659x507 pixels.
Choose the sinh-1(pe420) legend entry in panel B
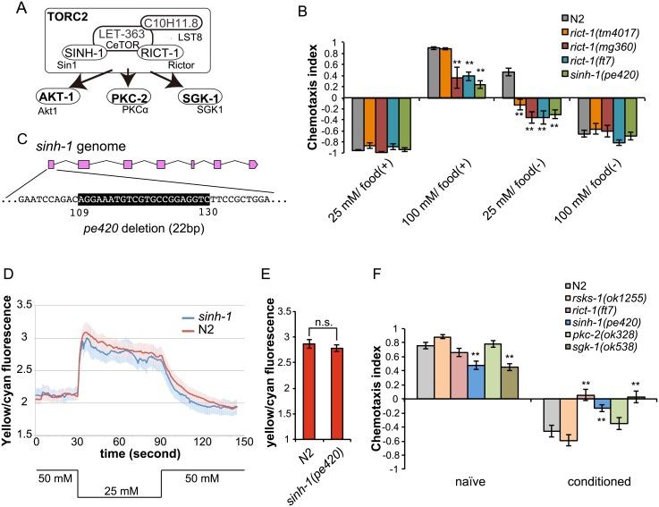601,74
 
